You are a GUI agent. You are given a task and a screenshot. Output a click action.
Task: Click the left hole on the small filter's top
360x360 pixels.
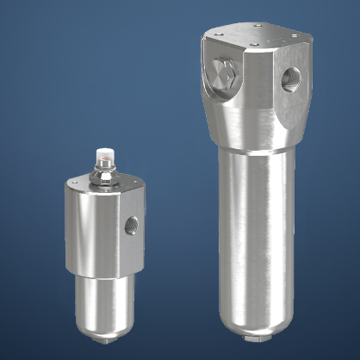point(77,184)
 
